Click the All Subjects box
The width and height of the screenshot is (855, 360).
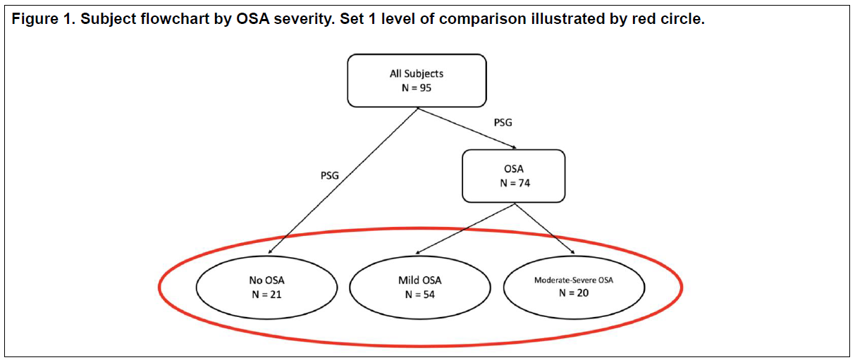417,80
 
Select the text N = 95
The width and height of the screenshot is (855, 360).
417,88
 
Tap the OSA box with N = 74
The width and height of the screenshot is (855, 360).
513,176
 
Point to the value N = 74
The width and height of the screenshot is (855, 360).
515,183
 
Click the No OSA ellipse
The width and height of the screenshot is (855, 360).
267,287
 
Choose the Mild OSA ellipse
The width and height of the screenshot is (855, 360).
420,287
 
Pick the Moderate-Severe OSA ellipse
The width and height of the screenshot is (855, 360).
574,287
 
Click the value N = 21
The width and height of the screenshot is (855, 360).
266,294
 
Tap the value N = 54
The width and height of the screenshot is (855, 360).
420,294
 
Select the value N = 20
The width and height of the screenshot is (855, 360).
574,293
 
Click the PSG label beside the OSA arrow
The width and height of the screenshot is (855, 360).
503,123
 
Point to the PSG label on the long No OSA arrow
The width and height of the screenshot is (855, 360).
329,175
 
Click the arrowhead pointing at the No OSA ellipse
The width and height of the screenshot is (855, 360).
270,252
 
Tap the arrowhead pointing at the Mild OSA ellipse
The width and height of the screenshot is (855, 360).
418,252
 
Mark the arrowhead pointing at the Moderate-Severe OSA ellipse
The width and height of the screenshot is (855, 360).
572,252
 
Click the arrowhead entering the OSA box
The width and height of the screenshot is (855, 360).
514,147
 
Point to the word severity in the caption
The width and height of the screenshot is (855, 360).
305,20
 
